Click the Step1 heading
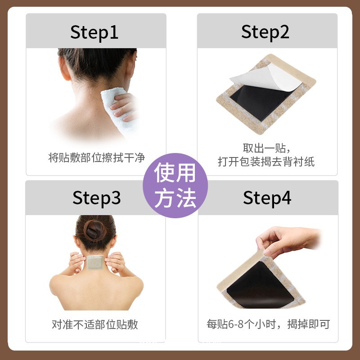click(x=94, y=32)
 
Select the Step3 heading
click(x=96, y=198)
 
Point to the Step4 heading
click(x=267, y=198)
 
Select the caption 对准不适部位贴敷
click(x=95, y=324)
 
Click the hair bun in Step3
click(x=95, y=231)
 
